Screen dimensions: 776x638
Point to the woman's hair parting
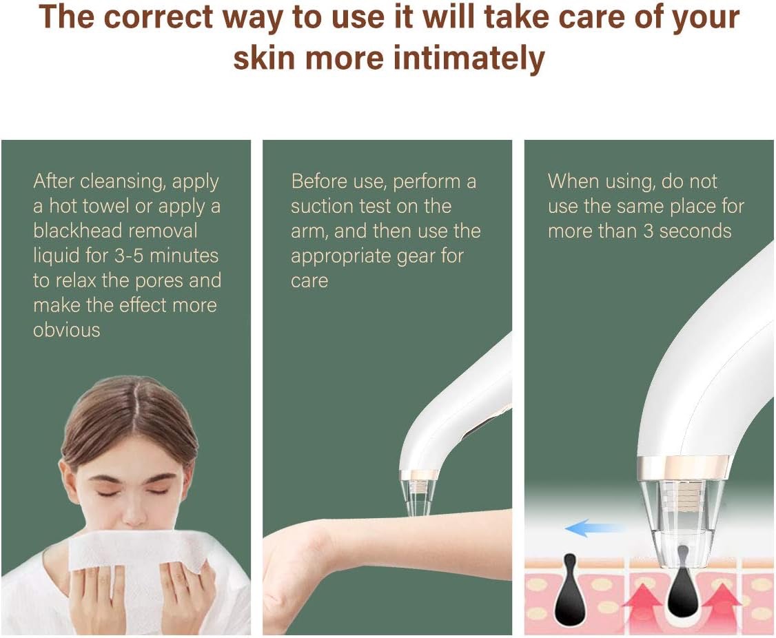tap(134, 406)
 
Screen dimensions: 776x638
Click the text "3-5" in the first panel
tap(129, 256)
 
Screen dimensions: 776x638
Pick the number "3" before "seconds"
tap(649, 231)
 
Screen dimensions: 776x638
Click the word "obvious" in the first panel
tap(67, 329)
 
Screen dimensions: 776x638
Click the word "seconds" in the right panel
tap(695, 231)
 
